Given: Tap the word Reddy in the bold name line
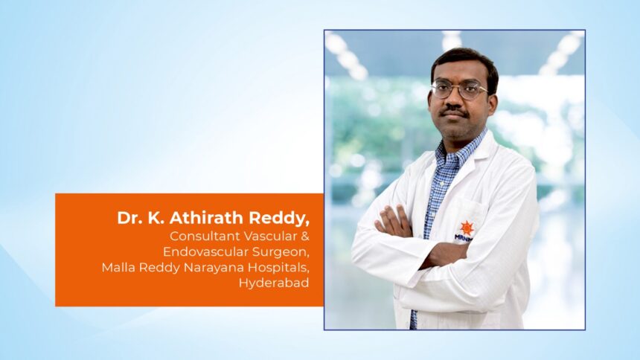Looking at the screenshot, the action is point(279,219).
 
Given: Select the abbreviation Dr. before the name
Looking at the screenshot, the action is point(129,218).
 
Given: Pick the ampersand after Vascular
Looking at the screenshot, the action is point(306,236).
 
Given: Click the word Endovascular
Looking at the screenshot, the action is point(205,251).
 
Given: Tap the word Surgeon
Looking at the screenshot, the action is point(281,252).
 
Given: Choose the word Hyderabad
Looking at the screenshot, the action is point(274,283).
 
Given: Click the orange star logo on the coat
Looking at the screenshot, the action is point(467,228).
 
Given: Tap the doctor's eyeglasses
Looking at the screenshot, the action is point(459,90).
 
